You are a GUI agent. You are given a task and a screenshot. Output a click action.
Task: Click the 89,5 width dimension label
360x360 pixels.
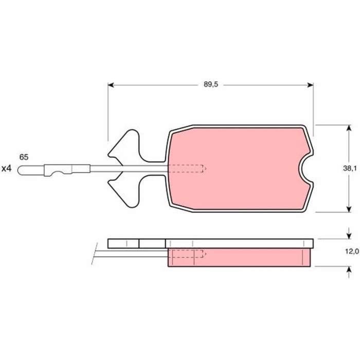tap(210, 84)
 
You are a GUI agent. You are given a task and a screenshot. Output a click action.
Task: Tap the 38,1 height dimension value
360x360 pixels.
tap(350, 168)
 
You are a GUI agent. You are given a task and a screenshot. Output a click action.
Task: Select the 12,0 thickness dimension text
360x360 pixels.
tap(352, 251)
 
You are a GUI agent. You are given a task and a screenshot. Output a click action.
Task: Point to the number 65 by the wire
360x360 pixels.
tap(24, 157)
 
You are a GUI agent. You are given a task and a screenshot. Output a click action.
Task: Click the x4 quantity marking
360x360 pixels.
tap(6, 169)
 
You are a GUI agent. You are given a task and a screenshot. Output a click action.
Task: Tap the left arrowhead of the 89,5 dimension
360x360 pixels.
tap(111, 85)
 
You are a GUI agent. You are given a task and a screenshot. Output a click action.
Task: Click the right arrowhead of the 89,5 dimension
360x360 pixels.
tap(311, 85)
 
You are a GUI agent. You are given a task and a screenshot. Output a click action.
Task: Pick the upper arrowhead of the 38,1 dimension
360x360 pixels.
tap(349, 128)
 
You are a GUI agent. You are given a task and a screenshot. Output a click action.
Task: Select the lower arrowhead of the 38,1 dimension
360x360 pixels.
tap(349, 209)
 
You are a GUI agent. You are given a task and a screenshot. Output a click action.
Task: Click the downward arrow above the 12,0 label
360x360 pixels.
tap(349, 233)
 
